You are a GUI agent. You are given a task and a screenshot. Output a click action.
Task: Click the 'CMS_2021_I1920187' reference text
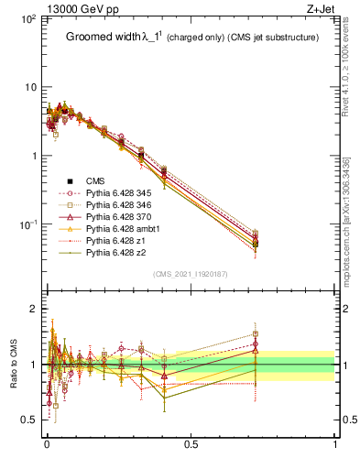coord(190,274)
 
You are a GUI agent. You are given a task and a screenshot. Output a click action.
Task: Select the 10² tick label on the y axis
coord(27,19)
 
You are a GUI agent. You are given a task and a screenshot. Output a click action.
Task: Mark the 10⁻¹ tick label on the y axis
coord(27,224)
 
